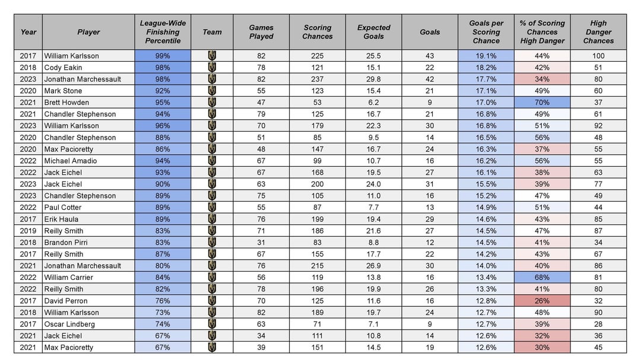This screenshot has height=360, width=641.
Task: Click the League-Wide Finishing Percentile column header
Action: pyautogui.click(x=163, y=32)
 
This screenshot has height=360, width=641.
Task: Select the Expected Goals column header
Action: pyautogui.click(x=374, y=32)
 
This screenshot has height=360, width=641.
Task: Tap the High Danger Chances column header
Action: pyautogui.click(x=598, y=32)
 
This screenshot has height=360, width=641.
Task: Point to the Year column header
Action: pyautogui.click(x=28, y=32)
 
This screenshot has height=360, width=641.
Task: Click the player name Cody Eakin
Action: pyautogui.click(x=63, y=68)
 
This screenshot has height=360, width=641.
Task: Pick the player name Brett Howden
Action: pyautogui.click(x=66, y=103)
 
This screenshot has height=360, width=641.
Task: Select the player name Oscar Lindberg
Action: pyautogui.click(x=69, y=324)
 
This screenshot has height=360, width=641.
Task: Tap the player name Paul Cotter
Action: pyautogui.click(x=63, y=208)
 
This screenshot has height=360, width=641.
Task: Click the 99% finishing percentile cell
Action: pyautogui.click(x=163, y=56)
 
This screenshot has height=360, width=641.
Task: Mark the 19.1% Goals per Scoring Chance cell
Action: pyautogui.click(x=486, y=56)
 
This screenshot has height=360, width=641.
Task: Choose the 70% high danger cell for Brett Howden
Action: pyautogui.click(x=542, y=103)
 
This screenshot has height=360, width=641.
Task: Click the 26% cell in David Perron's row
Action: pyautogui.click(x=542, y=301)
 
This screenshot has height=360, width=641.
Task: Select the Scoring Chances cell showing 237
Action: pyautogui.click(x=318, y=79)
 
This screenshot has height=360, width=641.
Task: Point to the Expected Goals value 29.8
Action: pyautogui.click(x=374, y=79)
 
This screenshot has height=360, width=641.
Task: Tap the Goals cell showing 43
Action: pyautogui.click(x=430, y=56)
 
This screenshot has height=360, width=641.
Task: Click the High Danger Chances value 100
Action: pyautogui.click(x=598, y=56)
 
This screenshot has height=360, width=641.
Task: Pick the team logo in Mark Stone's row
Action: pyautogui.click(x=212, y=91)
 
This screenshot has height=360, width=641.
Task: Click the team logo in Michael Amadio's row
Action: pyautogui.click(x=212, y=161)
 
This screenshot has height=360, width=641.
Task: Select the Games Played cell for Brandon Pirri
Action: pyautogui.click(x=261, y=243)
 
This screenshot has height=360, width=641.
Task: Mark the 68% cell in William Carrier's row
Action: pyautogui.click(x=542, y=278)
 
